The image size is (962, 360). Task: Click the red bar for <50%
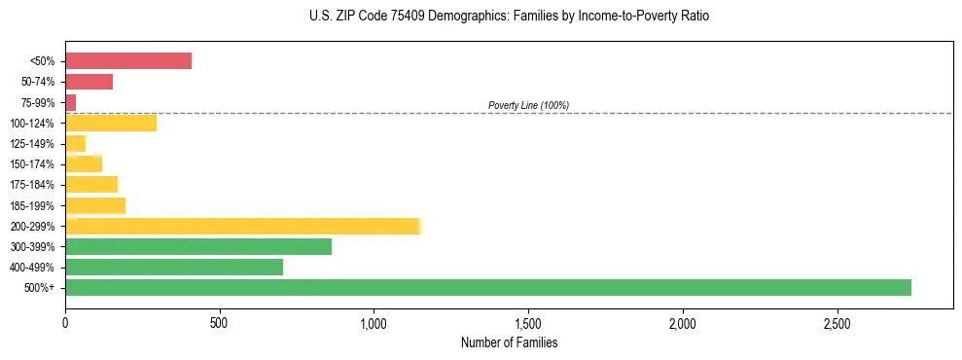(x=128, y=61)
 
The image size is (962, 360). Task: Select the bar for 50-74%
(x=89, y=82)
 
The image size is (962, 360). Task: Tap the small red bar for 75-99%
(x=70, y=102)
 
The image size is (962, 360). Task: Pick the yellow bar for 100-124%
(x=111, y=123)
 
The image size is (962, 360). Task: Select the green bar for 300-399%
(x=198, y=246)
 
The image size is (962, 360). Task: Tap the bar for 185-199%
(x=95, y=205)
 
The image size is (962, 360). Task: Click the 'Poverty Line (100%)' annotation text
(x=528, y=105)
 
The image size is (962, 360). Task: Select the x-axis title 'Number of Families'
(x=509, y=343)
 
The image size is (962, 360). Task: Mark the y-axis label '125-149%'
(x=32, y=144)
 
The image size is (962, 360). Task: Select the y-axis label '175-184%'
(x=32, y=185)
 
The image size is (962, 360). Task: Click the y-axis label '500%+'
(x=39, y=288)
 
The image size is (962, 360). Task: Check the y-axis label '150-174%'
(x=32, y=164)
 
